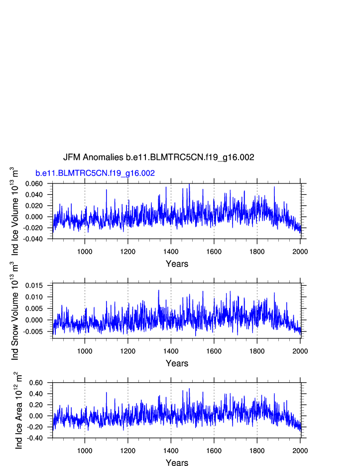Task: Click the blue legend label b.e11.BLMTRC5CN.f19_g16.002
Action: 95,173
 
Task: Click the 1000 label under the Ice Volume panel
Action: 85,251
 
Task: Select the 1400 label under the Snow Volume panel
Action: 171,351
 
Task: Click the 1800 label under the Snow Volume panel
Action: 257,351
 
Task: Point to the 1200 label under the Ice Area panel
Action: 128,451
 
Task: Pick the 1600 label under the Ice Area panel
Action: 214,451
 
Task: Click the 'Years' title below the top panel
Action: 177,264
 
